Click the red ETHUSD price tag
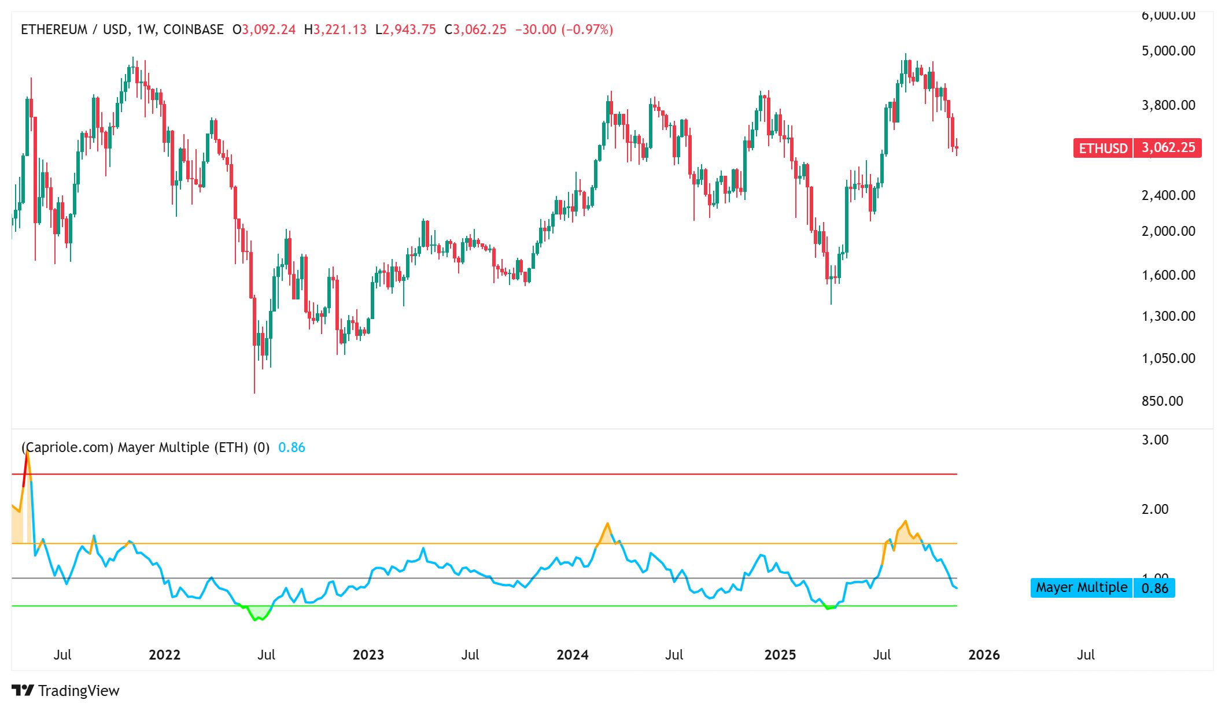click(x=1102, y=148)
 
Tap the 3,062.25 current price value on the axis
click(x=1168, y=148)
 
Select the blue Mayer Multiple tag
click(x=1081, y=588)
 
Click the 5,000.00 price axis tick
click(x=1168, y=51)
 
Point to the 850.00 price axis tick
click(x=1162, y=401)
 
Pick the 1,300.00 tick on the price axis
click(x=1168, y=316)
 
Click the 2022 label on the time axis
click(x=164, y=655)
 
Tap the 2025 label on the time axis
click(x=780, y=655)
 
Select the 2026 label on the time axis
click(x=984, y=655)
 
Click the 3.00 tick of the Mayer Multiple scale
click(x=1154, y=440)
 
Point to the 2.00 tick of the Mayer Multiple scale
click(x=1154, y=509)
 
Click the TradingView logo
click(x=65, y=691)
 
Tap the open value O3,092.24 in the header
click(x=264, y=29)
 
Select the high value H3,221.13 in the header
click(x=335, y=29)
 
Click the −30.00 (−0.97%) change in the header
click(x=564, y=29)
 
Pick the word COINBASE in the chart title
click(x=193, y=29)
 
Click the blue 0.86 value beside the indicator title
click(x=292, y=447)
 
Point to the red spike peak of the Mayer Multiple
click(x=27, y=453)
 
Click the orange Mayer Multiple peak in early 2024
click(x=607, y=525)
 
